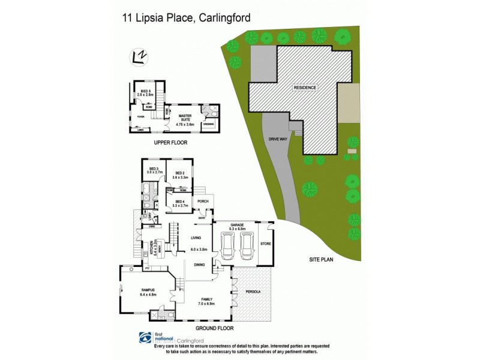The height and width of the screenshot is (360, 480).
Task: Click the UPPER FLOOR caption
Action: point(170,143)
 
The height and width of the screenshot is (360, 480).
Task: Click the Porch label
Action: point(203,201)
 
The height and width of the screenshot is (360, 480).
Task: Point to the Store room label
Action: point(265,243)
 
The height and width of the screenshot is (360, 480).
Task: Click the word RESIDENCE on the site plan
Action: point(305,88)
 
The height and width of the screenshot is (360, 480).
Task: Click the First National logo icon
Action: point(145,338)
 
